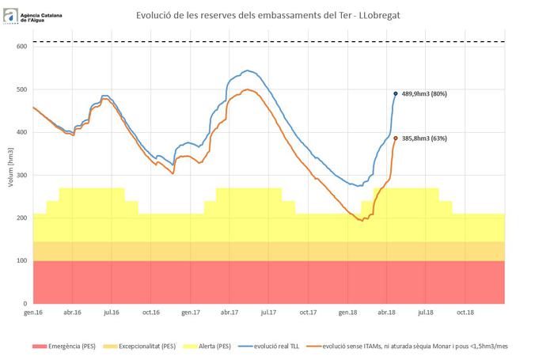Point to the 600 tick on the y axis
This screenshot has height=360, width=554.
(22, 47)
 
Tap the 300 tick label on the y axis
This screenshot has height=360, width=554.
(22, 175)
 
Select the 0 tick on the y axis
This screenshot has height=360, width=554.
(26, 303)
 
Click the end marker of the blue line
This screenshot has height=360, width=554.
(396, 93)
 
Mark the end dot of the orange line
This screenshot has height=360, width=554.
(396, 138)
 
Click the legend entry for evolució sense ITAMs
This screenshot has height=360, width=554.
(434, 346)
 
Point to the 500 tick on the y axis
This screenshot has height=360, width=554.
(22, 89)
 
